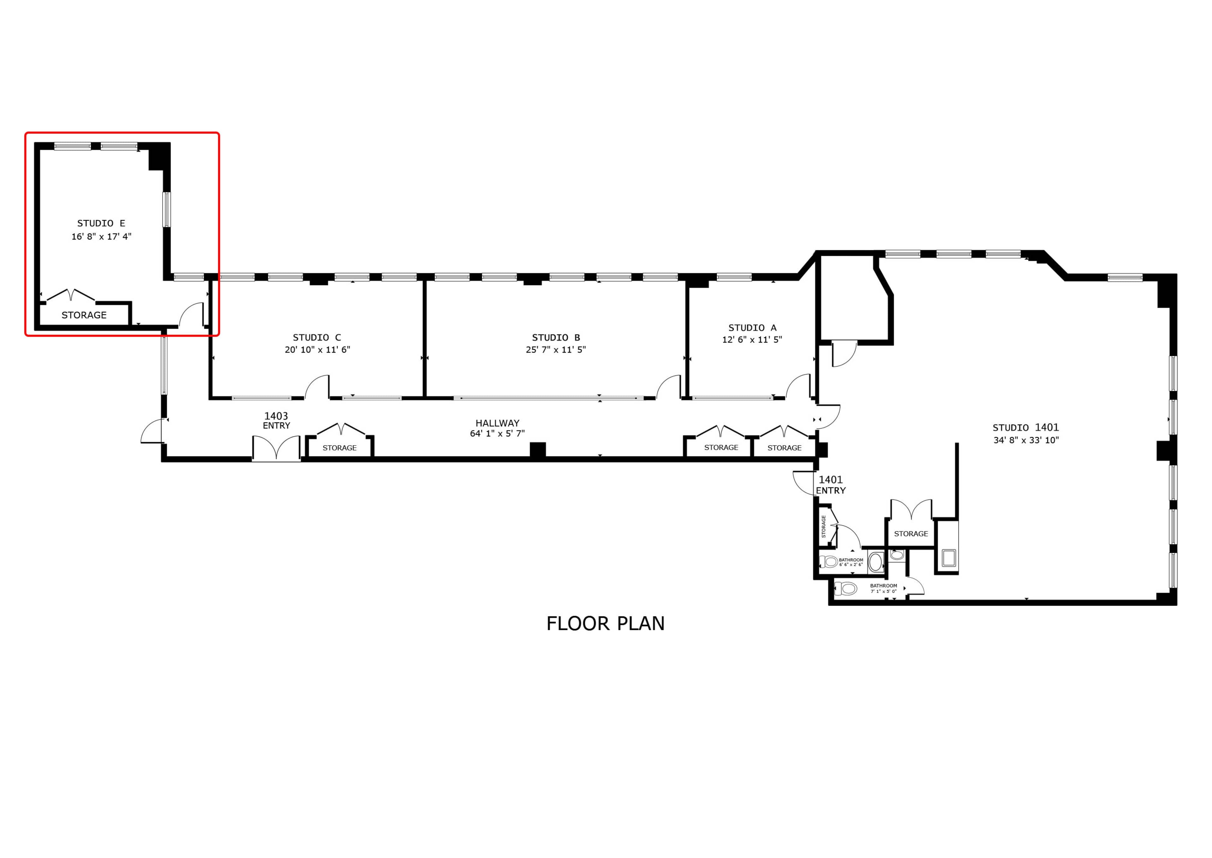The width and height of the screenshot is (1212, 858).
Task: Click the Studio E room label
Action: [101, 223]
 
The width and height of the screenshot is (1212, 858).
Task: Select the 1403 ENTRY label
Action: [276, 420]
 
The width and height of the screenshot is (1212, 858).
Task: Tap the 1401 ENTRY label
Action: [830, 485]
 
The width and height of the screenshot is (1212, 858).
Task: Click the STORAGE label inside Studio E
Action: [84, 315]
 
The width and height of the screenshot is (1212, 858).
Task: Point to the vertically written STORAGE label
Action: [823, 526]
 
